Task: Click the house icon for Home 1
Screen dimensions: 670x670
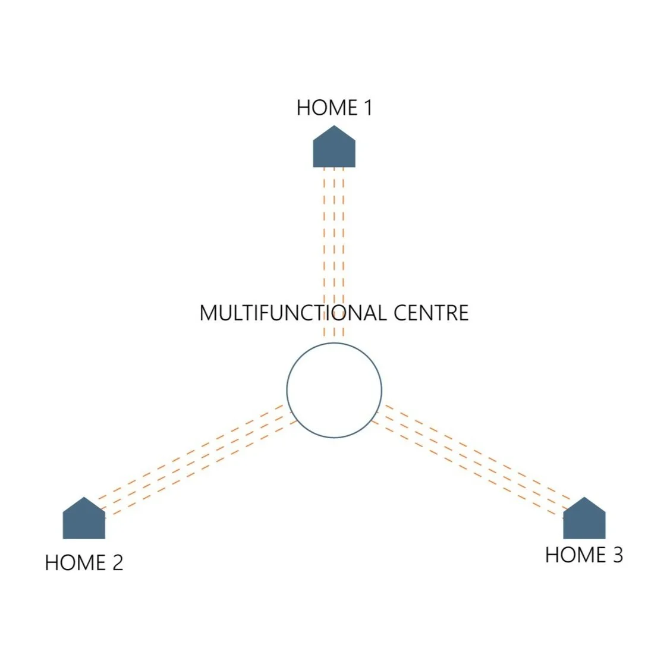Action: (x=334, y=149)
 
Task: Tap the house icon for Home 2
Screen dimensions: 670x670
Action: (x=84, y=520)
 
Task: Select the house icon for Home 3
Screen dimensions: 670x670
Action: (x=584, y=520)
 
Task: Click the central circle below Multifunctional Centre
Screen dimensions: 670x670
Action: (x=334, y=390)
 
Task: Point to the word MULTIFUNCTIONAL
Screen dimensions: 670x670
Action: (x=285, y=313)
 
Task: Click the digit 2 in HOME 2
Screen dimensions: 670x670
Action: (x=117, y=562)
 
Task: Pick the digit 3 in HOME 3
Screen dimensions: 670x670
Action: (x=618, y=555)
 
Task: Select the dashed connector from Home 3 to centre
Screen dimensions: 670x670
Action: (x=473, y=458)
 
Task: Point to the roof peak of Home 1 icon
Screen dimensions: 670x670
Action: (x=334, y=127)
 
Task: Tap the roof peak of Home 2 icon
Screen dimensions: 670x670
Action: (x=84, y=498)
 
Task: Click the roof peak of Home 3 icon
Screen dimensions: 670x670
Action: (x=584, y=498)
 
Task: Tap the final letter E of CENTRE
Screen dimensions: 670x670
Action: (x=463, y=313)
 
